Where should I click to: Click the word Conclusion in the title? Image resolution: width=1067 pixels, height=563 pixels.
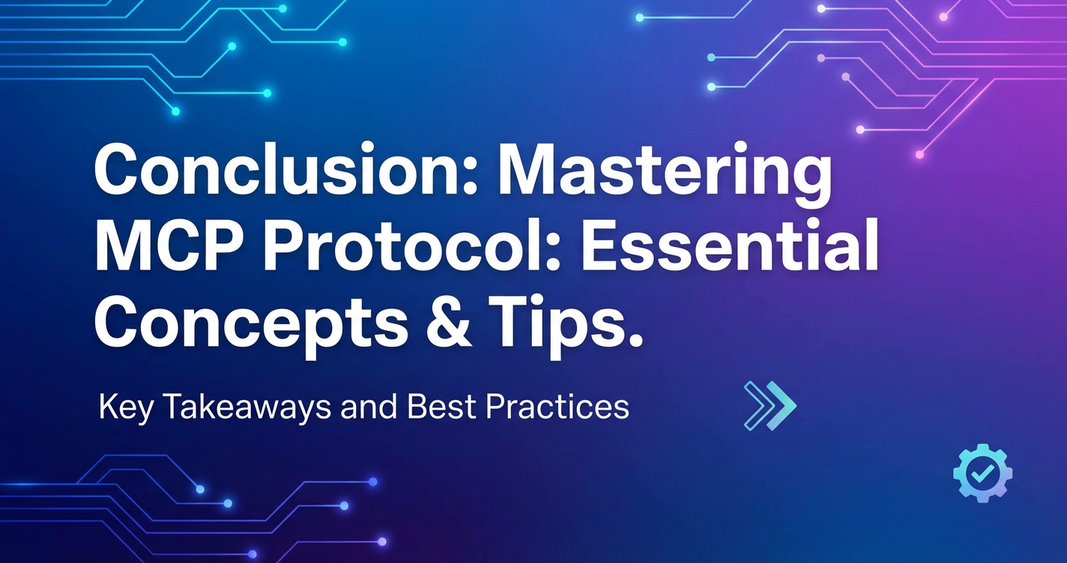pos(278,169)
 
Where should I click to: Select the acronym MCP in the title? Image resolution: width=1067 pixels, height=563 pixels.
pos(174,248)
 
